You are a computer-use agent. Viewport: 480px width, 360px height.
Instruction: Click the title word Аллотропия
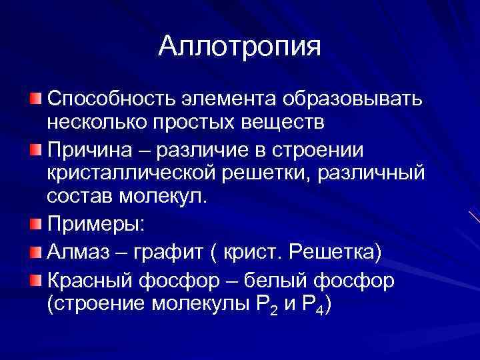pyautogui.click(x=239, y=47)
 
